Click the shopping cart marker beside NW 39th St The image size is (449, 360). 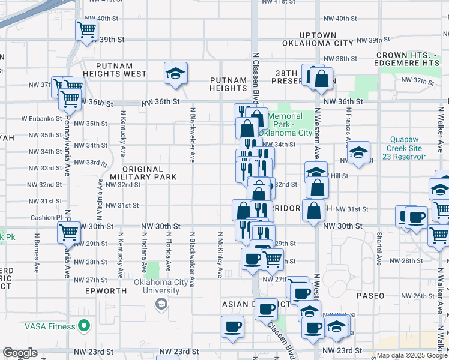pos(87,30)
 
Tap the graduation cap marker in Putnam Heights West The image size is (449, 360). pos(175,74)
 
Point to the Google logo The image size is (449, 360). pos(20,353)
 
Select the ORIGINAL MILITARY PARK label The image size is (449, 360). pos(143,173)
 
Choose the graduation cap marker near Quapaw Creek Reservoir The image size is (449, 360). pos(358,152)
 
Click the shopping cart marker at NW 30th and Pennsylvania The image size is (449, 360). pos(69,232)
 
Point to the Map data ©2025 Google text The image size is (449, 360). pos(412,355)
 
